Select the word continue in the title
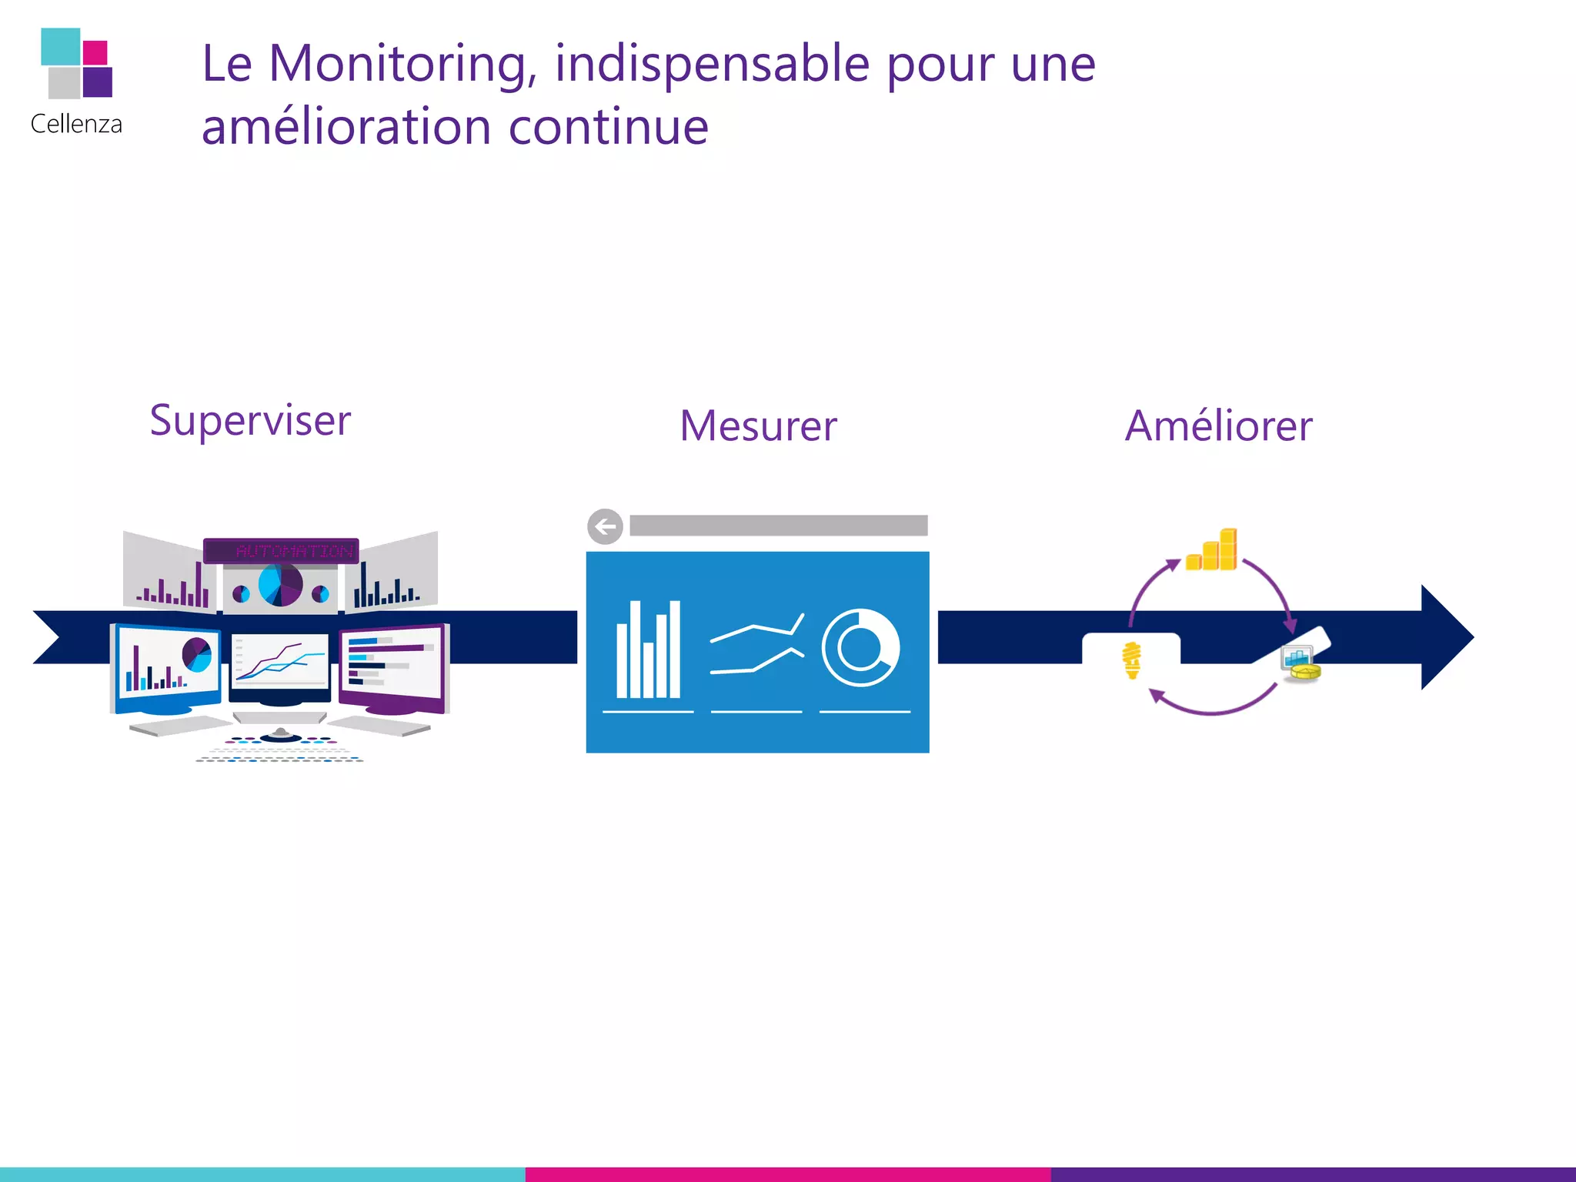tap(608, 128)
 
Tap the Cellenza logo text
tap(76, 125)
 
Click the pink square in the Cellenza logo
tap(95, 52)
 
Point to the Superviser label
tap(250, 422)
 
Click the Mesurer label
tap(758, 426)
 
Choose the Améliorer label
tap(1218, 426)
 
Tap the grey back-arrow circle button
tap(605, 527)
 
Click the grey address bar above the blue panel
tap(778, 526)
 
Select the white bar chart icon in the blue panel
tap(648, 650)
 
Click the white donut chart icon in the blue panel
tap(860, 648)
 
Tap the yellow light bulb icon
tap(1131, 660)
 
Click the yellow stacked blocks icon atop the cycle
tap(1213, 551)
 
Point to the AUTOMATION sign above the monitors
tap(282, 551)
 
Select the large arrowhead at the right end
tap(1445, 637)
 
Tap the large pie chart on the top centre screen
tap(280, 585)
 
